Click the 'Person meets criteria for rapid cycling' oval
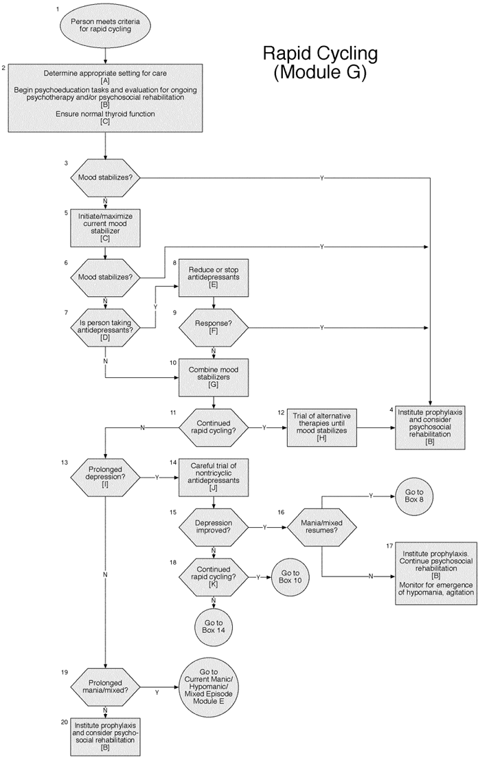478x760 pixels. point(105,27)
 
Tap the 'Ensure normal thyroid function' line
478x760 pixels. point(105,113)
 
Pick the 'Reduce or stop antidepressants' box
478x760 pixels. point(213,278)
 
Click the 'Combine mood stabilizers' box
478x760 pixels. point(213,378)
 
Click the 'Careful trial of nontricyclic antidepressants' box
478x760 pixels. point(213,477)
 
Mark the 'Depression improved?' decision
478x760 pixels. point(213,528)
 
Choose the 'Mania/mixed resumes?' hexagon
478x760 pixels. point(321,528)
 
